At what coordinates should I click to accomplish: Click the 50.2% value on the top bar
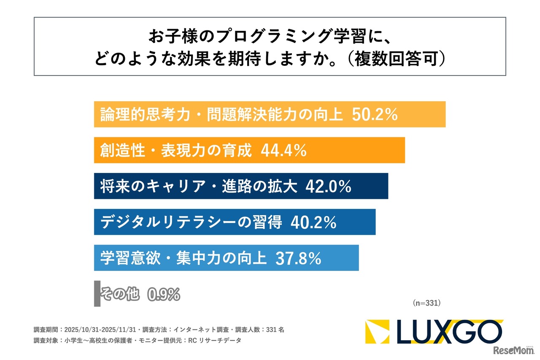click(375, 114)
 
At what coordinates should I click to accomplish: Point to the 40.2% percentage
click(313, 222)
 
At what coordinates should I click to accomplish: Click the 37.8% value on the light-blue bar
click(298, 258)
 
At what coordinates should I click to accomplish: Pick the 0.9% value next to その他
click(164, 294)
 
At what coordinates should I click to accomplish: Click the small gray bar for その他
click(97, 294)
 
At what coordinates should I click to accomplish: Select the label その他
click(120, 294)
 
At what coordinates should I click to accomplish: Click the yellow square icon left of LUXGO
click(377, 332)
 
